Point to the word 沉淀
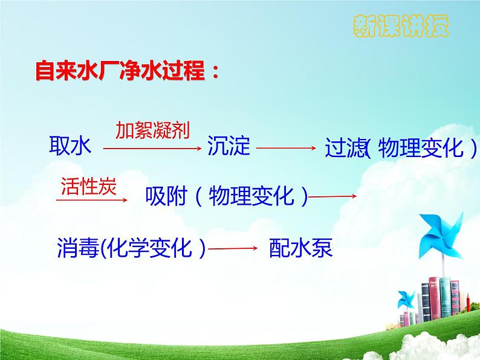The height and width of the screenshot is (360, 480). pos(229,146)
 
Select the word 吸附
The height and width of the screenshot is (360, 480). pos(167,195)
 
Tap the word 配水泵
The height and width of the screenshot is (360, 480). pos(301,248)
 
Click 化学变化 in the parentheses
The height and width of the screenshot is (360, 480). pos(149,248)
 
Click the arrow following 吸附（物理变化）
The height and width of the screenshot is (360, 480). pos(332,196)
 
